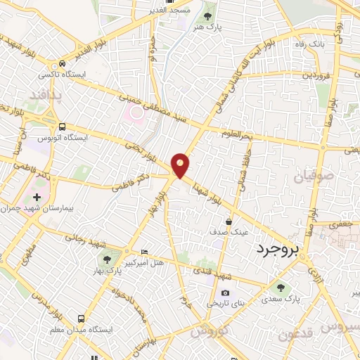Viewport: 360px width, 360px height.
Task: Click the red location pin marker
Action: point(181,166)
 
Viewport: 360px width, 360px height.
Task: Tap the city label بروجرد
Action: point(276,249)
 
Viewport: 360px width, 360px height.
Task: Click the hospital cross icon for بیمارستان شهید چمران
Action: point(37,199)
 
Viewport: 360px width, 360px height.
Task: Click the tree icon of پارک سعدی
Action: point(281,287)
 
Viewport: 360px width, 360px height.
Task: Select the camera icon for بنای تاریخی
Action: point(225,292)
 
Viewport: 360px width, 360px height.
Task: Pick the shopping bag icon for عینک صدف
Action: point(229,221)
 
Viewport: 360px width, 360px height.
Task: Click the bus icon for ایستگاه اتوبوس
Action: point(63,127)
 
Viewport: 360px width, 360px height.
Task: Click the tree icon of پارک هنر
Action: point(207,15)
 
